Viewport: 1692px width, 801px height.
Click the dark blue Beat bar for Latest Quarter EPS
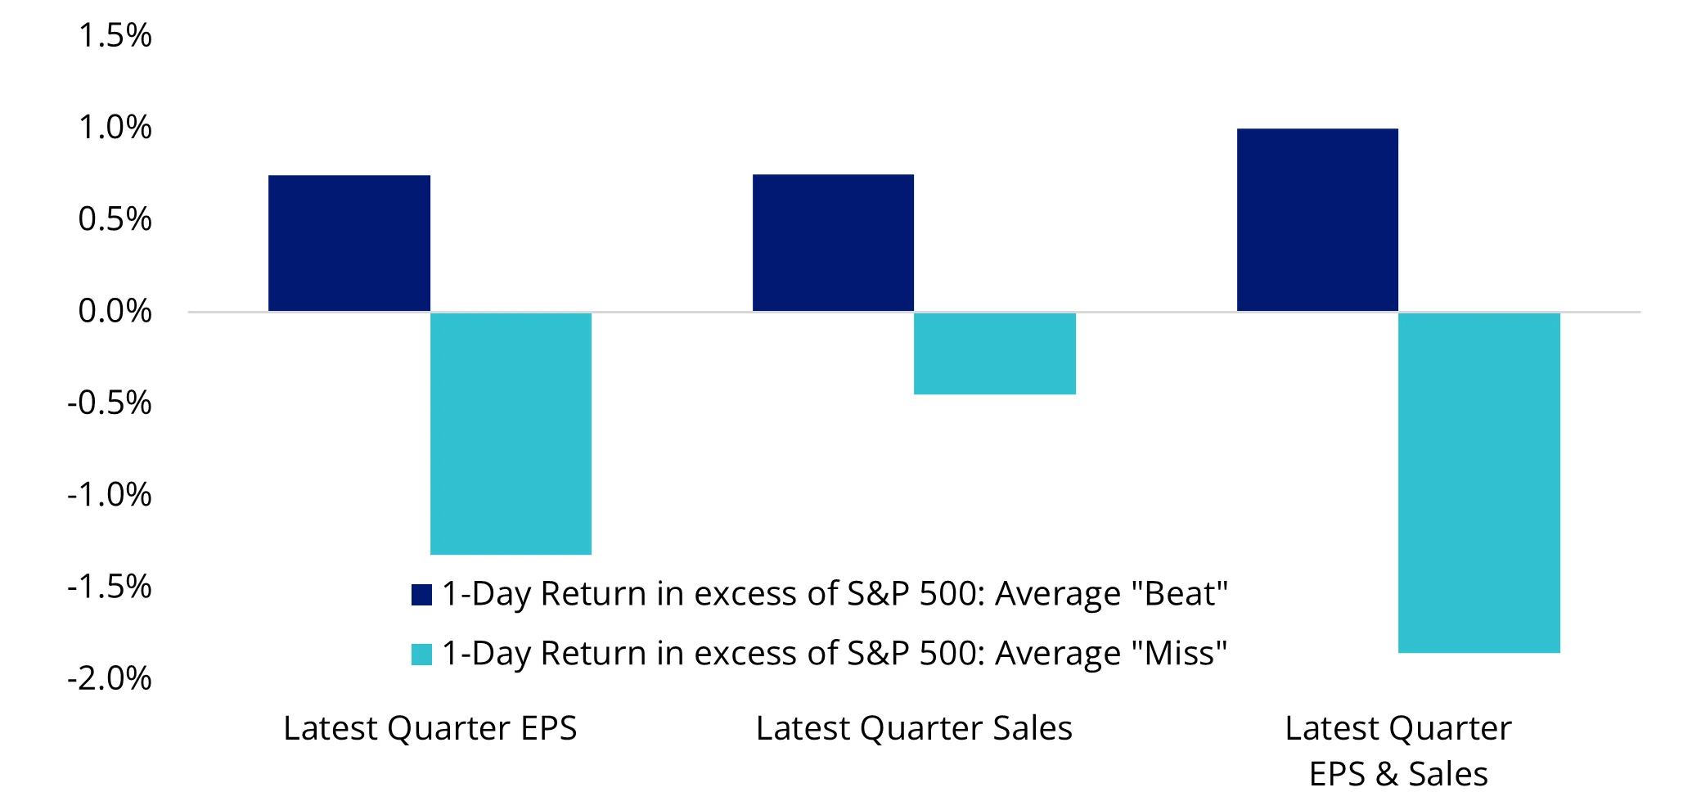point(349,243)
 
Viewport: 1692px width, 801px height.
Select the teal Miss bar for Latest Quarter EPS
point(511,434)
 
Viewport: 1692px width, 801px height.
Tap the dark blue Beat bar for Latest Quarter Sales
point(833,243)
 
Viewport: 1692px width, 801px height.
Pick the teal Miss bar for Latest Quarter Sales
point(994,353)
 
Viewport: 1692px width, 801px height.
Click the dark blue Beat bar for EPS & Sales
point(1317,220)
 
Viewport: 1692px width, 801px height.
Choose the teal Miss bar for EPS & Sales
point(1478,483)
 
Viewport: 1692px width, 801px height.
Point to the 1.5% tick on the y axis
point(115,36)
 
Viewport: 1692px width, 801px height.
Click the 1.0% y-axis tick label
point(115,128)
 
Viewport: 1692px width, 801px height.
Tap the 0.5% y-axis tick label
point(115,219)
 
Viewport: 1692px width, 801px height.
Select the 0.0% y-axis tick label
point(115,311)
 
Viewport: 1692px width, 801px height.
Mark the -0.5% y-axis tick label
point(110,403)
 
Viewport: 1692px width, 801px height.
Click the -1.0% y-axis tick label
point(110,495)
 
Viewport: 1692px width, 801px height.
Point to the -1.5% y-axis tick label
point(110,587)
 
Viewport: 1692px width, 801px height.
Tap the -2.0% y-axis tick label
point(110,678)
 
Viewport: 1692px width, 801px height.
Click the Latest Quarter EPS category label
point(430,728)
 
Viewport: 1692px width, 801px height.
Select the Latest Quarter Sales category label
point(914,728)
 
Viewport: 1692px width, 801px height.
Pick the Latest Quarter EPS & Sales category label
point(1398,750)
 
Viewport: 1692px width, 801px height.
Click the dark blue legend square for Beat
point(421,595)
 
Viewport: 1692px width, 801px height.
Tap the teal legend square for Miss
point(421,655)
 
